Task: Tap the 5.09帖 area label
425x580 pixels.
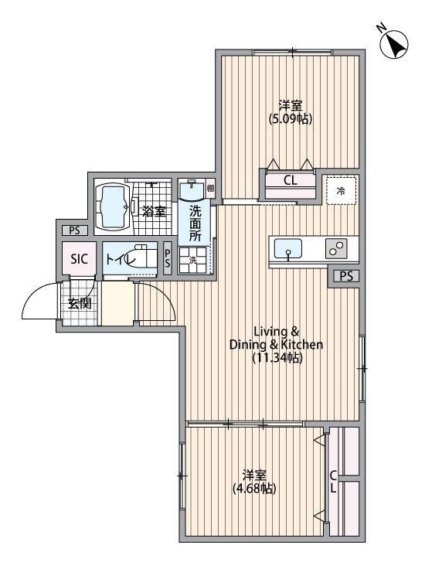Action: pos(291,119)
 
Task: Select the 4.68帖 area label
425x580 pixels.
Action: pos(254,489)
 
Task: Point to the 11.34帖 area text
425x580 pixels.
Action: pos(276,358)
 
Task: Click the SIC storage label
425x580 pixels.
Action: pos(80,259)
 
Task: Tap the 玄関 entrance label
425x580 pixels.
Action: pos(79,303)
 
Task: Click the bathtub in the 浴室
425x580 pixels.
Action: pos(114,207)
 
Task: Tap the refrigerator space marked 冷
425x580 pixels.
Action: pos(341,190)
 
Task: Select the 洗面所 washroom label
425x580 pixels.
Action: pos(195,223)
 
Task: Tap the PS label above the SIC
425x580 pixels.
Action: pos(74,230)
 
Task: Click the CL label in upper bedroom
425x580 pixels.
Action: pos(290,182)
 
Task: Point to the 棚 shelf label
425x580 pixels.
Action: pos(210,188)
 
